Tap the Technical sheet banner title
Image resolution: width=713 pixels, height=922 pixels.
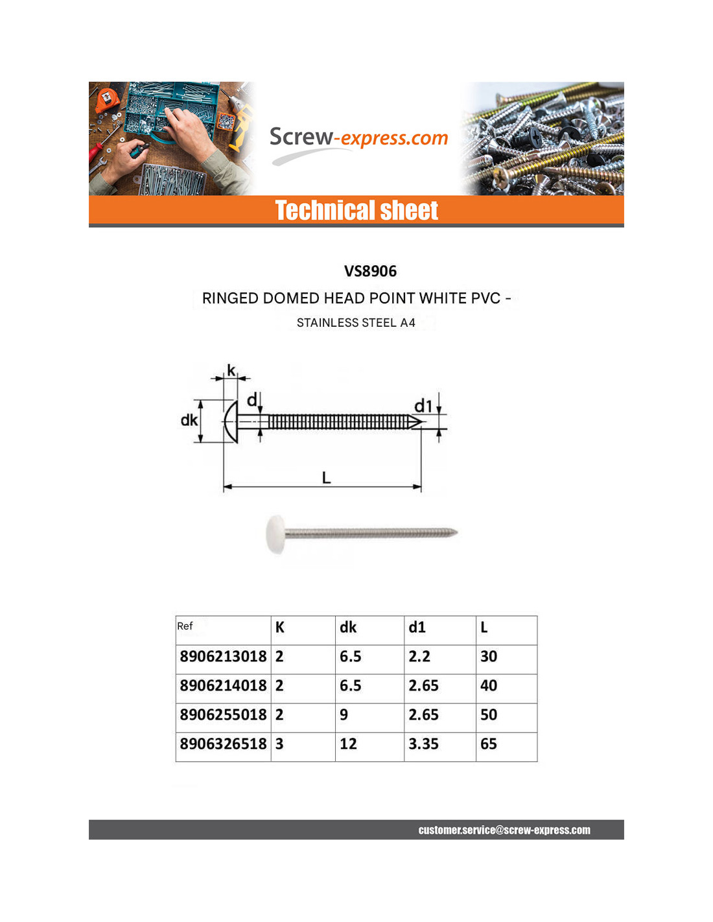pos(356,211)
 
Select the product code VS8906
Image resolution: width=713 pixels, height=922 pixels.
pos(370,271)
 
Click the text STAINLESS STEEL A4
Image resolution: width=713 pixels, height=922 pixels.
pos(356,323)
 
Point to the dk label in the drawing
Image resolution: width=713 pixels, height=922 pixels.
pos(189,420)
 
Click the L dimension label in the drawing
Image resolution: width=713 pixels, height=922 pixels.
pos(326,478)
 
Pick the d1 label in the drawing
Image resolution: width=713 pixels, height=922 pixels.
pos(423,406)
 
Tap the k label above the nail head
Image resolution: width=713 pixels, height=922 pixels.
pos(231,370)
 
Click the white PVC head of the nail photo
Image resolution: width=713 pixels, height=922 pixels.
pos(275,534)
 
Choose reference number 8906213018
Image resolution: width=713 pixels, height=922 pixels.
pos(223,657)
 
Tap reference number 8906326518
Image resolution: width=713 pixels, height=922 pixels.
pos(223,744)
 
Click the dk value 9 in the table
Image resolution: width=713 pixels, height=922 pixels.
pos(344,715)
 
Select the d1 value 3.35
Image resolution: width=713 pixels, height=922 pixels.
pos(423,744)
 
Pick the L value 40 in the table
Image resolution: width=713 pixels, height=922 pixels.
pos(489,686)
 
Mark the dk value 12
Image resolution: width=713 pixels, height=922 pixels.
pos(348,744)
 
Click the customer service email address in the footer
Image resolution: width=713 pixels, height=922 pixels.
pos(504,830)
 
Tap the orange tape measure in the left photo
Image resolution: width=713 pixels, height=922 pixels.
pos(106,100)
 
